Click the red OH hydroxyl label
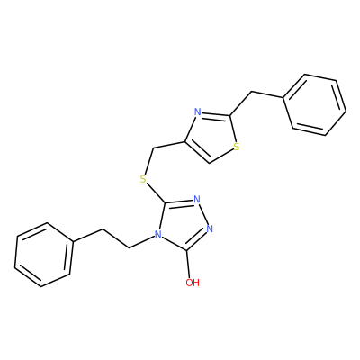coord(193,283)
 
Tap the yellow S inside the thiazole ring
coord(237,147)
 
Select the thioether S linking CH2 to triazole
coord(144,179)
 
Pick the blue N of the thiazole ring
coord(197,112)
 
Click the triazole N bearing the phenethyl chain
coord(157,234)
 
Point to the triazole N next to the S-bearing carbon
coord(197,199)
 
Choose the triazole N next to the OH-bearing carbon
coord(210,229)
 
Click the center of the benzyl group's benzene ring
coord(315,104)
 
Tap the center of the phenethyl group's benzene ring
coord(44,255)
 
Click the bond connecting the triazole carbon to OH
coord(188,264)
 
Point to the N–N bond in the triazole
coord(203,214)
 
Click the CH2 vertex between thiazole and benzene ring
coord(251,92)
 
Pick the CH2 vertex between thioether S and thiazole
coord(153,148)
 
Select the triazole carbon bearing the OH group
coord(187,249)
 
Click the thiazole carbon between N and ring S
coord(230,115)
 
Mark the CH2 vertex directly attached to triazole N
coord(130,247)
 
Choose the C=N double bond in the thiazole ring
coord(213,115)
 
